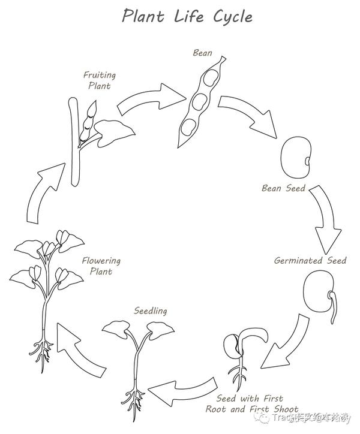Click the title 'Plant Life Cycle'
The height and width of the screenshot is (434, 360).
click(187, 16)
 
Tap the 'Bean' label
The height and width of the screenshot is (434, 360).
click(202, 53)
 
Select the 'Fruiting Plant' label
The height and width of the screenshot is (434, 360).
click(99, 80)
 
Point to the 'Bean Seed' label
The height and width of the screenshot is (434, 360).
click(283, 188)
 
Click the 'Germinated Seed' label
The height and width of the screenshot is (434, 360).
click(310, 261)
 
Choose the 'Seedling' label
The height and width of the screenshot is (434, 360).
click(151, 311)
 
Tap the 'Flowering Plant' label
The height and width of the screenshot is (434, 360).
click(101, 266)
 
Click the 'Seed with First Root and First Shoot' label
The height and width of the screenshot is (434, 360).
click(252, 403)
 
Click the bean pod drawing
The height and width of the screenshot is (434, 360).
click(202, 102)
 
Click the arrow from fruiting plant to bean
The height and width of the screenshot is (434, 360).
click(150, 98)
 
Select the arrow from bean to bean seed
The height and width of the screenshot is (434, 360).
click(246, 116)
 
